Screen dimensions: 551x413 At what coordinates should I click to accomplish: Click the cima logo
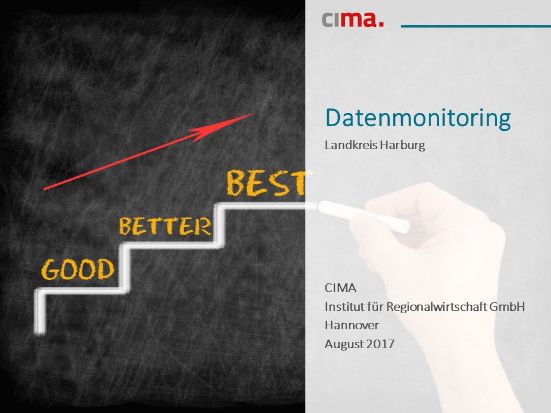tap(352, 20)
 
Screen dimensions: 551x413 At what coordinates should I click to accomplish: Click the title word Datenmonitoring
tap(418, 119)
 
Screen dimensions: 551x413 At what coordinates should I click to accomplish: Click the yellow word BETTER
tap(165, 226)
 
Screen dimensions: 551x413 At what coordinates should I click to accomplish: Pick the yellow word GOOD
tap(78, 270)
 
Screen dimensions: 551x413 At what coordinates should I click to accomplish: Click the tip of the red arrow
tap(256, 113)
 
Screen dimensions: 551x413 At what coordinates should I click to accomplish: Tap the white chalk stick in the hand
tap(364, 216)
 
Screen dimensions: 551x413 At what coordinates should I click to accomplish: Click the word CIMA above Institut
tap(340, 288)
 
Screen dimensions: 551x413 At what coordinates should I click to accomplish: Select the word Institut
tap(344, 306)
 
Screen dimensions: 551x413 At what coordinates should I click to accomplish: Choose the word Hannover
tap(352, 325)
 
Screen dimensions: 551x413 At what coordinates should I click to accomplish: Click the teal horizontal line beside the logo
tap(476, 26)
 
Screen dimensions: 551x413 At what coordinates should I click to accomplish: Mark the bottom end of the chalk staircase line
tap(40, 333)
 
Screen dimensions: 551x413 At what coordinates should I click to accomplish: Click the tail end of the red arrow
tap(45, 189)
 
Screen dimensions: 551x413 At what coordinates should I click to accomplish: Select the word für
tap(375, 306)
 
